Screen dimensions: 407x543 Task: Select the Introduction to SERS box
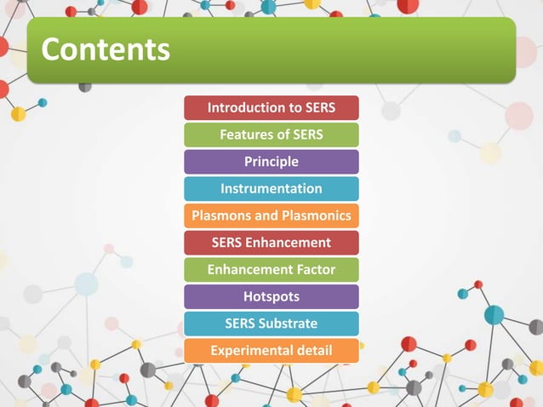pyautogui.click(x=271, y=108)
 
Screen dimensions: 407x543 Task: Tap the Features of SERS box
pyautogui.click(x=271, y=135)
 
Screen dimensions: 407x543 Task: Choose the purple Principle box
pyautogui.click(x=271, y=162)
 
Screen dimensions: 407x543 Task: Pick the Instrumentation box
pyautogui.click(x=271, y=188)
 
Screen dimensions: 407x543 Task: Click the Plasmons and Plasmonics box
pyautogui.click(x=271, y=215)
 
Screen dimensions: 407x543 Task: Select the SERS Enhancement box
pyautogui.click(x=271, y=243)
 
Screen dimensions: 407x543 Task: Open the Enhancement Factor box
pyautogui.click(x=271, y=270)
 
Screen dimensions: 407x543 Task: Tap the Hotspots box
pyautogui.click(x=271, y=296)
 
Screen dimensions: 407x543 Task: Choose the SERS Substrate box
pyautogui.click(x=271, y=324)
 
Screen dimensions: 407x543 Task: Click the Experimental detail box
pyautogui.click(x=271, y=350)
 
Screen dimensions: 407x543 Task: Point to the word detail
pyautogui.click(x=314, y=350)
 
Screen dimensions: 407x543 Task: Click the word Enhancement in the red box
pyautogui.click(x=289, y=243)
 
